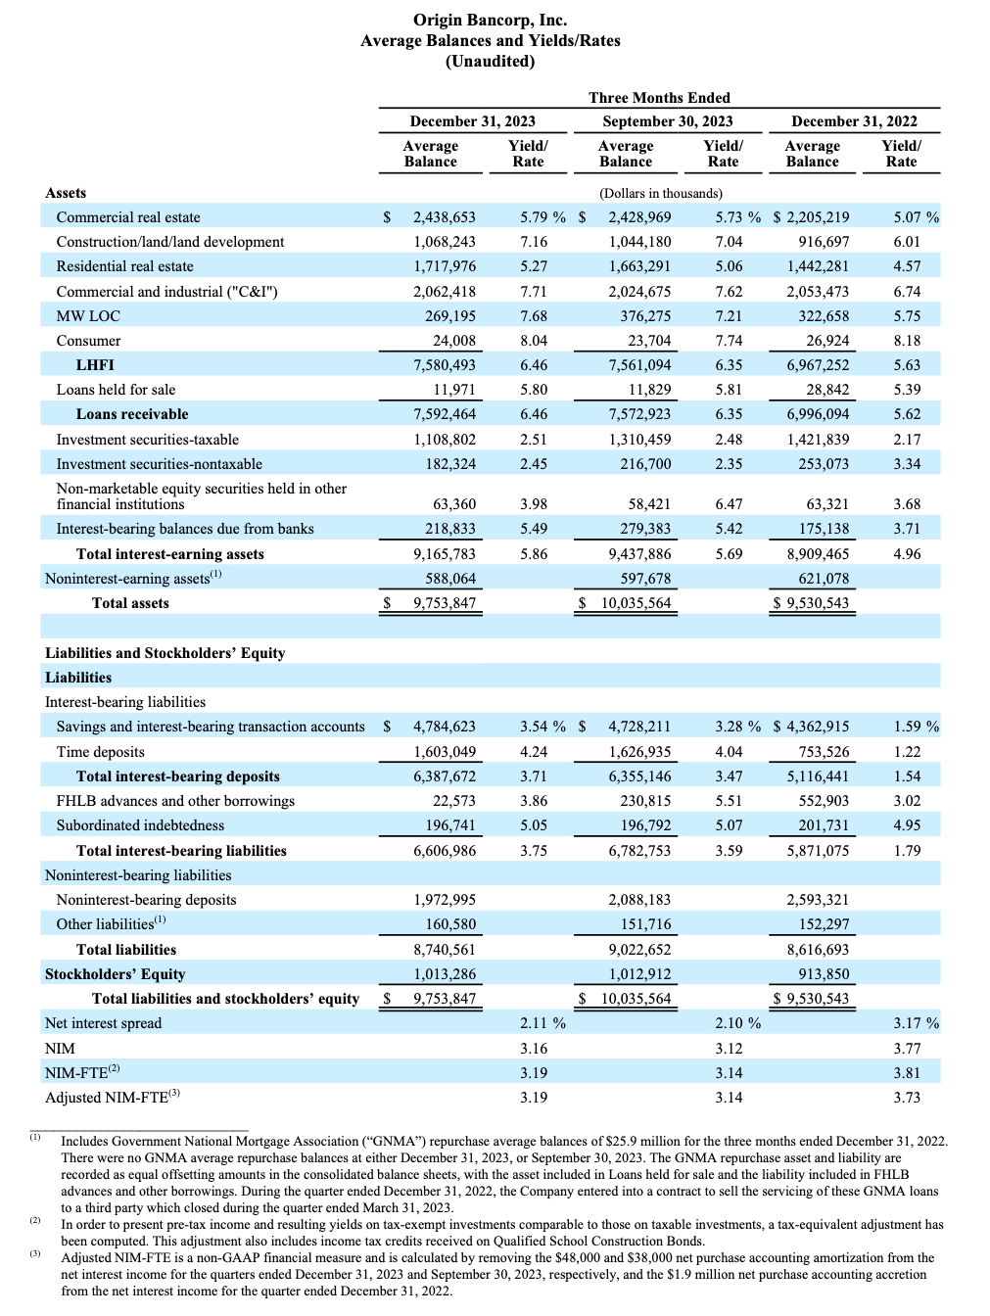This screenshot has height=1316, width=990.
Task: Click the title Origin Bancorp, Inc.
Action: pos(490,20)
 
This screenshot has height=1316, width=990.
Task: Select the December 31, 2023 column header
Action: pos(472,121)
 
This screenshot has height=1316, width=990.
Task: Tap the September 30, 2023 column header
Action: pos(667,121)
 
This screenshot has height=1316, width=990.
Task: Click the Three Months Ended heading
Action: pos(659,98)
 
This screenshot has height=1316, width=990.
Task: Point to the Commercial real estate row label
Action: pos(128,217)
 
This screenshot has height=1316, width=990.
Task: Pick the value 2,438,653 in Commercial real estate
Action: pos(444,217)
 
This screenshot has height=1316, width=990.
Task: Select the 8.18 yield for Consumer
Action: pos(907,341)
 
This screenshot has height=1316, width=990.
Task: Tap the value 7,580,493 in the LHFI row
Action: pos(444,365)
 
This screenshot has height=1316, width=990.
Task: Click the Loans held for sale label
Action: pos(116,390)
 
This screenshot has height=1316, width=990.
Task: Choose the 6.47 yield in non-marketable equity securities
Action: pos(729,504)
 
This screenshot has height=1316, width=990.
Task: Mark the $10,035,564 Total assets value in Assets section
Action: pos(636,603)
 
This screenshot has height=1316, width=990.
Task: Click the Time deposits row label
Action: pos(100,752)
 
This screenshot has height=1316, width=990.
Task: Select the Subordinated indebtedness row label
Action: pos(140,825)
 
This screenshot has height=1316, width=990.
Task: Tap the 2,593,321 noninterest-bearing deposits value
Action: pos(818,900)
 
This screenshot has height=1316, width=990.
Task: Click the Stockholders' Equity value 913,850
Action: pos(824,974)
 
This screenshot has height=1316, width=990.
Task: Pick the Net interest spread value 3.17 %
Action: pos(915,1023)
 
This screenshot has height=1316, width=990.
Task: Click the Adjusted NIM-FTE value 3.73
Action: pos(907,1098)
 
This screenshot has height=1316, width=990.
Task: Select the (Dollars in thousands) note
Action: pos(661,194)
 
